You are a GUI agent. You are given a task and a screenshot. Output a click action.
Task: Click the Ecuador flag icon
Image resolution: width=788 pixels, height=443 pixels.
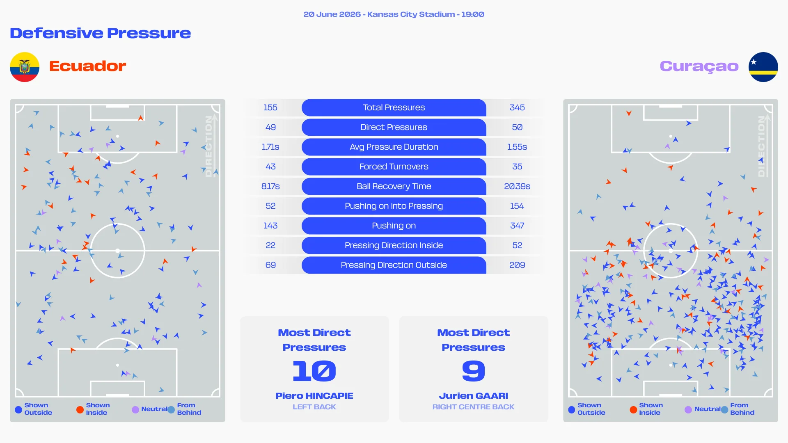tap(25, 67)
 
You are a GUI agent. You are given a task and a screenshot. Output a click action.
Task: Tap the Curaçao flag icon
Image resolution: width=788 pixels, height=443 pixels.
tap(763, 67)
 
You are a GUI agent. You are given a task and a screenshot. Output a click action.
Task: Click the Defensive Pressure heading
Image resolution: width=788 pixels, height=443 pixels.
tap(101, 33)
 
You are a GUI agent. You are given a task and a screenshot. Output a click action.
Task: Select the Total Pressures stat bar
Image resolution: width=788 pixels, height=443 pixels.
tap(394, 107)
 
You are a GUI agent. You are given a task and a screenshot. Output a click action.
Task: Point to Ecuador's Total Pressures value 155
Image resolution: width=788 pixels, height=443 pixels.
tap(270, 107)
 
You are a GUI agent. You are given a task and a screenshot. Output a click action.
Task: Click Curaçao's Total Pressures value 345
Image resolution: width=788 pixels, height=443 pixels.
tap(517, 107)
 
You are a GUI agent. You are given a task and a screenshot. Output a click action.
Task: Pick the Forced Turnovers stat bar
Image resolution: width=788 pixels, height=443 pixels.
tap(394, 167)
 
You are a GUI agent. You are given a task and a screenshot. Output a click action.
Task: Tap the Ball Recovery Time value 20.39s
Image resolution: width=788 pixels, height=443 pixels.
tap(517, 186)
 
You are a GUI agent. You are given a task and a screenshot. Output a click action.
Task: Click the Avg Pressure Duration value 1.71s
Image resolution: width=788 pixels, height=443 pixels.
tap(270, 147)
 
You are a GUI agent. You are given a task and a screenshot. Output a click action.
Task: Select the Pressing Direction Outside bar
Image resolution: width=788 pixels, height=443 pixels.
tap(394, 265)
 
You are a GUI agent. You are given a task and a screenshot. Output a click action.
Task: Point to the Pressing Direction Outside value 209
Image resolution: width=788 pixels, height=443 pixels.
tap(517, 265)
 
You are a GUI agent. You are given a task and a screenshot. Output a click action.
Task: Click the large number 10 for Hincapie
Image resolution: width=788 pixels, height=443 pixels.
tap(314, 371)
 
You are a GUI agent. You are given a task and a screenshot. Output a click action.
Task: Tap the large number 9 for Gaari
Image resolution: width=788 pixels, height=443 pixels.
tap(474, 371)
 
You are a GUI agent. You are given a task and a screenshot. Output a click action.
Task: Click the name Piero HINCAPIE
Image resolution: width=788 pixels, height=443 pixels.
tap(314, 396)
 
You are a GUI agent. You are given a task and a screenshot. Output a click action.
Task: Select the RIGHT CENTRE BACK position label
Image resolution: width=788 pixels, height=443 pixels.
tap(473, 407)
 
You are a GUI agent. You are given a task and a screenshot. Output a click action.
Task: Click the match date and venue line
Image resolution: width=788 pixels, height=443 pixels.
tap(394, 14)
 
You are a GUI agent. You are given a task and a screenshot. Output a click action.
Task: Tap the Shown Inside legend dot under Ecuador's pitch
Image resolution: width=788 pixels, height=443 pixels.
tap(80, 409)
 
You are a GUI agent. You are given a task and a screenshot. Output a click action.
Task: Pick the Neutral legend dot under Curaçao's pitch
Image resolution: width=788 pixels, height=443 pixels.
tap(688, 409)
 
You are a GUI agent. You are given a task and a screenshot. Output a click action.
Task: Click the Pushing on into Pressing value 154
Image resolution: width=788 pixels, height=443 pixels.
tap(517, 206)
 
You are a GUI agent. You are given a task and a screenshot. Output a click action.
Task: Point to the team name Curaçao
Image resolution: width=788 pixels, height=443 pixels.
tap(699, 66)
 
